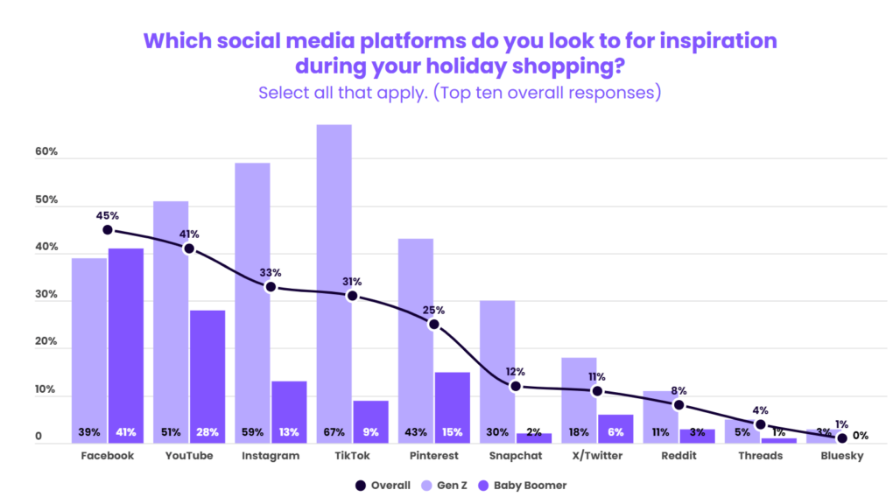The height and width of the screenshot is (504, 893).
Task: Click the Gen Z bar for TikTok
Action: tap(334, 280)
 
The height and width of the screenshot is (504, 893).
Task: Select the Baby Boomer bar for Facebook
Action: tap(125, 341)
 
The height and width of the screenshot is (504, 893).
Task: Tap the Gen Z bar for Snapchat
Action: tap(496, 367)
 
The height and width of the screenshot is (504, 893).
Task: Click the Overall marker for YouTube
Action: tap(188, 248)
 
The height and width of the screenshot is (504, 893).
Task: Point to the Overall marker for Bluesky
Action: tap(841, 437)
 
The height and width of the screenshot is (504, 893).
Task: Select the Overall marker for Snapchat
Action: tap(516, 386)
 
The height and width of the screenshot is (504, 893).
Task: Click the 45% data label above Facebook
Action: tap(107, 215)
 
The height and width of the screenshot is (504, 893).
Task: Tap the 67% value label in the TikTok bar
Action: tap(334, 432)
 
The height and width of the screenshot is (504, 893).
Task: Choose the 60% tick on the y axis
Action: tap(46, 152)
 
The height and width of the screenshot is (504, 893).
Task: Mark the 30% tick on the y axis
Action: tap(46, 296)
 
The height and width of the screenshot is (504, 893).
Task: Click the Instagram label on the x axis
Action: tap(270, 456)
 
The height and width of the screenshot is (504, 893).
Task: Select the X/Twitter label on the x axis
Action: tap(596, 456)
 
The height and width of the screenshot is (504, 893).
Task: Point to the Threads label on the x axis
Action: tap(760, 456)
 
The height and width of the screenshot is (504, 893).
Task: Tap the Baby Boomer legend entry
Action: tap(531, 485)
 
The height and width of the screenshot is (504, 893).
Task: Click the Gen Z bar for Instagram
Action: tap(252, 297)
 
